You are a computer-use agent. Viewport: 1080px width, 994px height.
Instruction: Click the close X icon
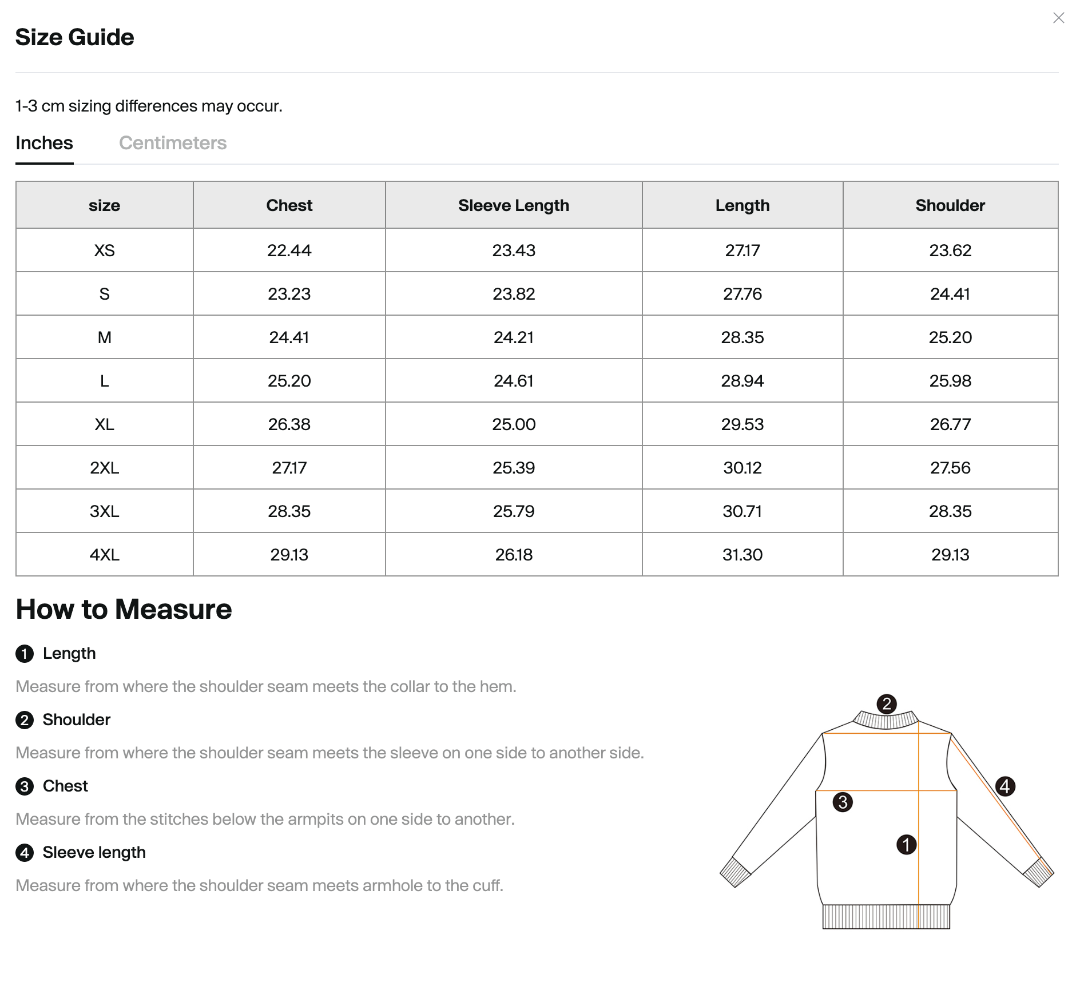[1058, 18]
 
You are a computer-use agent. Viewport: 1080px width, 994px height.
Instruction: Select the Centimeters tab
[173, 143]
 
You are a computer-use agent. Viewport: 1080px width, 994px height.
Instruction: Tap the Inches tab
[44, 143]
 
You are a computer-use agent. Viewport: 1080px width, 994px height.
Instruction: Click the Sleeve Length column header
[513, 205]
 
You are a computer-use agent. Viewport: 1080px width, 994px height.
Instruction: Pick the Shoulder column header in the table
[950, 205]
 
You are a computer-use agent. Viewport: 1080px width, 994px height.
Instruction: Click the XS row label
[104, 251]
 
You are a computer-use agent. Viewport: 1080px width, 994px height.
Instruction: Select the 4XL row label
[104, 555]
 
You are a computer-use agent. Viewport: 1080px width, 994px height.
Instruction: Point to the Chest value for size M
[289, 337]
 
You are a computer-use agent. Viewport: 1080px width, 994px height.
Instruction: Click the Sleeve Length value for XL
[513, 424]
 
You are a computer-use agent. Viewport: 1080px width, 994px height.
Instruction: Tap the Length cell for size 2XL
[742, 468]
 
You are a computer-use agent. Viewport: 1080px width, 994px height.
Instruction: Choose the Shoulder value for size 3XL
[950, 511]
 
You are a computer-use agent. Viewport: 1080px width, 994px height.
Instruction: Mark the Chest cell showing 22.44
[289, 251]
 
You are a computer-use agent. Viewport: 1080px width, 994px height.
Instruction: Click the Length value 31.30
[742, 555]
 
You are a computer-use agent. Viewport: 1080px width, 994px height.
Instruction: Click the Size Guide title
[74, 37]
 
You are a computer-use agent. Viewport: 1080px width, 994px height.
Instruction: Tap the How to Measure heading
[124, 609]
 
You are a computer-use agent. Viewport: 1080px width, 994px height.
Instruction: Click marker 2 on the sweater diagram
[886, 703]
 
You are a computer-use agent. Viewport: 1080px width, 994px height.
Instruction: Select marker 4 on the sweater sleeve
[1005, 786]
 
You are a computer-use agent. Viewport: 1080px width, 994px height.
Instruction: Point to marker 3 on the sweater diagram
[843, 802]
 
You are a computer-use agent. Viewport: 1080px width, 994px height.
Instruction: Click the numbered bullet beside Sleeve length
[24, 853]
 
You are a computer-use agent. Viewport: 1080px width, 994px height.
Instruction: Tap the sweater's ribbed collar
[886, 719]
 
